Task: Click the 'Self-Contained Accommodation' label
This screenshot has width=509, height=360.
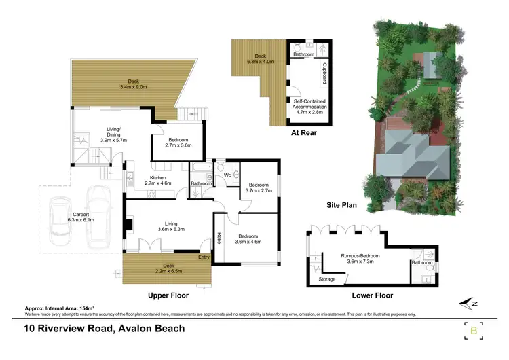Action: [310, 105]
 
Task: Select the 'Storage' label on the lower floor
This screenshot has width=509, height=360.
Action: [326, 279]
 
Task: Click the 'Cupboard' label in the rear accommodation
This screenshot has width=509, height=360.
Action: [324, 71]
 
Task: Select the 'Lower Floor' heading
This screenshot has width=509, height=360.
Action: [372, 295]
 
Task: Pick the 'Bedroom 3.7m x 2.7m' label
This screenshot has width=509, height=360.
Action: [259, 187]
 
